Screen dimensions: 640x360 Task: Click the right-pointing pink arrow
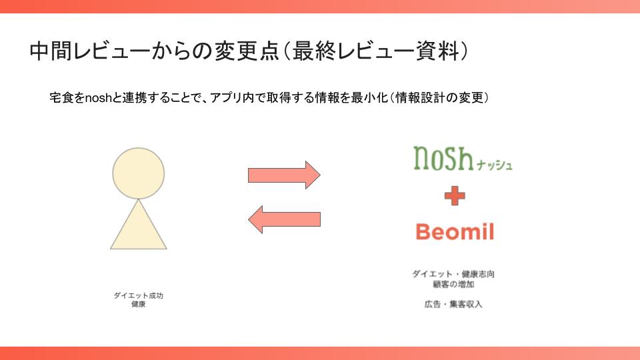point(284,175)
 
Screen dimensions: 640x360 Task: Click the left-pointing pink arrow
point(284,219)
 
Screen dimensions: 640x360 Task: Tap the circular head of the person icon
point(139,173)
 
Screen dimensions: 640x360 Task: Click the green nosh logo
point(443,158)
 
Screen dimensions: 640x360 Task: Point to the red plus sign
point(455,196)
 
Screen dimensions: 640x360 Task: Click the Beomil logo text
point(455,231)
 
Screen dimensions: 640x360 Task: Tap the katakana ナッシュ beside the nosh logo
point(494,165)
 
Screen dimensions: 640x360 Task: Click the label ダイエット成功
point(139,295)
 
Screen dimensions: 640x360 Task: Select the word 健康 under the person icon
point(139,305)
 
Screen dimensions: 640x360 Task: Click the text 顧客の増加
point(453,285)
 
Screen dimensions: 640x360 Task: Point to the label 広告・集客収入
point(453,304)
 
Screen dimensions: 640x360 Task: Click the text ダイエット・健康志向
point(453,274)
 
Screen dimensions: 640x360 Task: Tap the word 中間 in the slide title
point(51,51)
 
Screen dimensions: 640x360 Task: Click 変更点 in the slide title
point(246,51)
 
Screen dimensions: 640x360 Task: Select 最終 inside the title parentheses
point(313,51)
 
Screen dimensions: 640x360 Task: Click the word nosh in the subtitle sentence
point(98,98)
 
